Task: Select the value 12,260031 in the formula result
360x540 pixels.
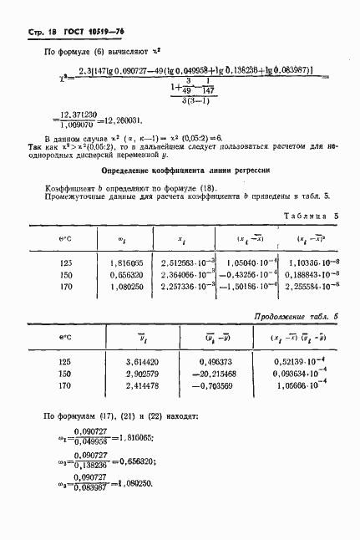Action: click(x=124, y=120)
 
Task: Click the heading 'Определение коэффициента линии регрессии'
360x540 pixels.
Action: click(x=180, y=169)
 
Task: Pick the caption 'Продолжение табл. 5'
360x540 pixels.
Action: click(x=296, y=317)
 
